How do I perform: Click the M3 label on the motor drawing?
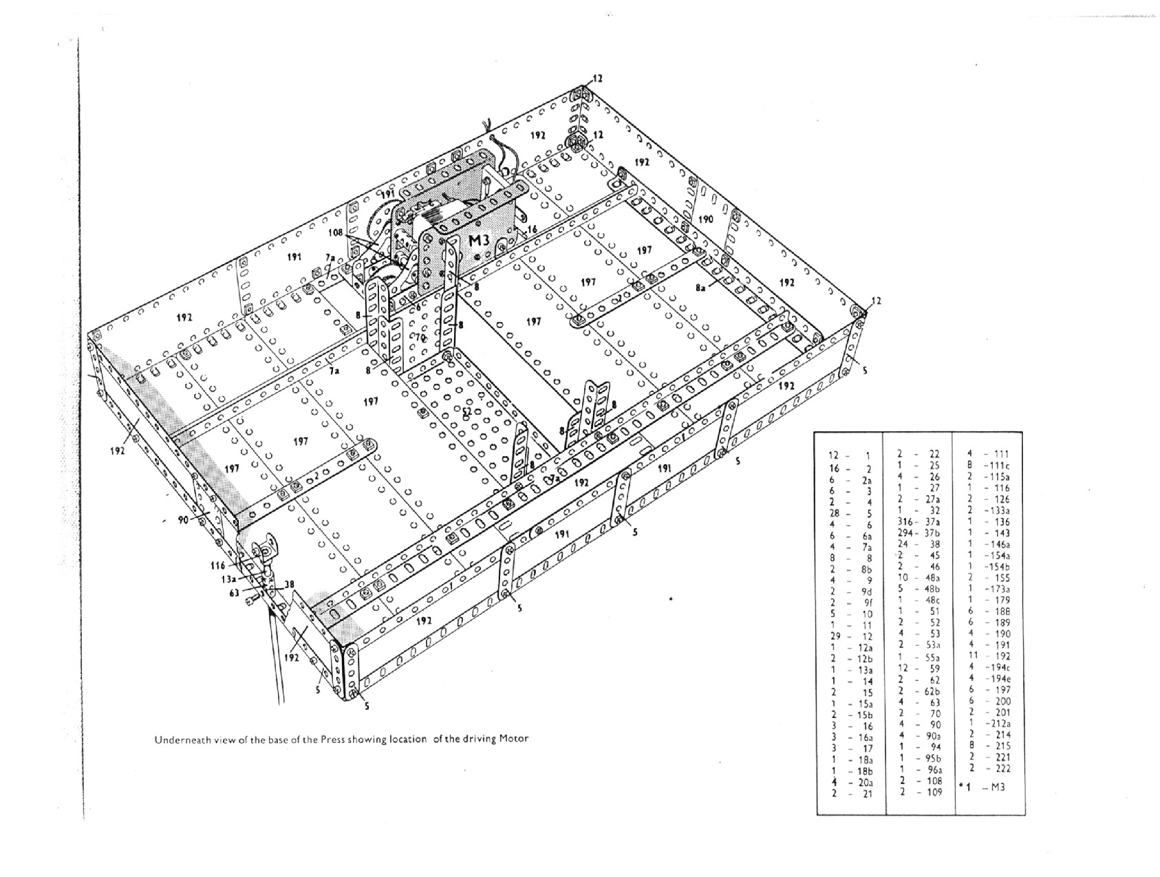[x=478, y=241]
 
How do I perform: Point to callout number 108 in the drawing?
[x=335, y=233]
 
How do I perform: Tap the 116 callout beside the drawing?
[x=218, y=565]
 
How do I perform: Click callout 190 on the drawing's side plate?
[x=705, y=219]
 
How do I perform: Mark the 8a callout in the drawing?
[x=700, y=289]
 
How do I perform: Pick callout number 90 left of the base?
[x=183, y=520]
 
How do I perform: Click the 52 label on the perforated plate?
[x=467, y=411]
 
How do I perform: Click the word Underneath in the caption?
[x=181, y=740]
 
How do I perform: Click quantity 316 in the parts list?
[x=906, y=521]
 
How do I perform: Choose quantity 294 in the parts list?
[x=905, y=533]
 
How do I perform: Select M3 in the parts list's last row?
[x=997, y=787]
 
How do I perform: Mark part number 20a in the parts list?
[x=866, y=782]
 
